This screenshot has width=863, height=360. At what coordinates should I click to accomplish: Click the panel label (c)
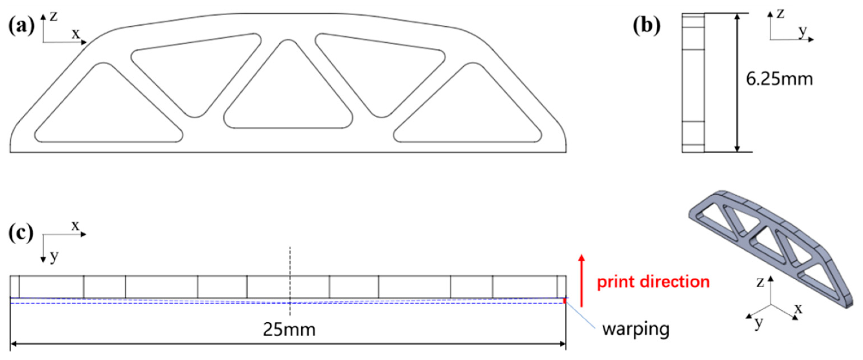(x=21, y=233)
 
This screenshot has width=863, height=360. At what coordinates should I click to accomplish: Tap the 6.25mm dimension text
(x=779, y=80)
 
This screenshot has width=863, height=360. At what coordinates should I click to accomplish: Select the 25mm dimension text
(x=289, y=330)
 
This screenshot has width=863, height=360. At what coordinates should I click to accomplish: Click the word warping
(x=636, y=329)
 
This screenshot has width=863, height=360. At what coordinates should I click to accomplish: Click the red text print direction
(x=653, y=282)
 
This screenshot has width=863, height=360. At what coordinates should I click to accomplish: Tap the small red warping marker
(x=565, y=301)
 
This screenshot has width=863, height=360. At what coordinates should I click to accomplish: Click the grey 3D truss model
(x=770, y=248)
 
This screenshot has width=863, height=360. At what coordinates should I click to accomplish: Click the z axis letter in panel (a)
(x=54, y=16)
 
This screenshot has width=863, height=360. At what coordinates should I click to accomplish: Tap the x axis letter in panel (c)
(x=75, y=226)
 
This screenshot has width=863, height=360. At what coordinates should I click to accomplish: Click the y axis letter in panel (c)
(x=54, y=256)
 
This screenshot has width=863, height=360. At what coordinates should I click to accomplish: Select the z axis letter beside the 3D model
(x=760, y=282)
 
